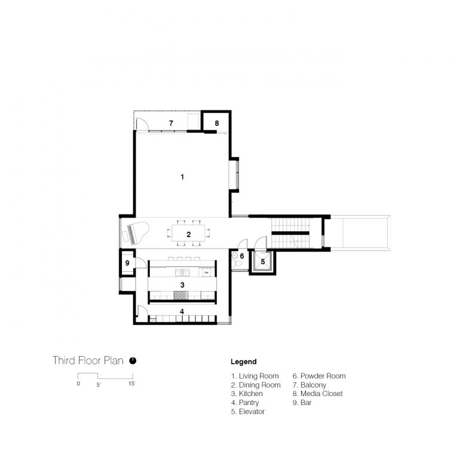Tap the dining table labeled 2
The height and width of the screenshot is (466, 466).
click(x=188, y=233)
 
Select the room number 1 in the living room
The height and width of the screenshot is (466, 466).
click(x=182, y=177)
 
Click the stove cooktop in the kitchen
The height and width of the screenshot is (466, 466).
click(x=181, y=295)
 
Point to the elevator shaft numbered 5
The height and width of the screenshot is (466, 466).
click(x=262, y=262)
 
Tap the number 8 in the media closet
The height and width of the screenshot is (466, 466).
click(x=217, y=123)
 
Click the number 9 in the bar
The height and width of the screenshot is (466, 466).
click(x=127, y=263)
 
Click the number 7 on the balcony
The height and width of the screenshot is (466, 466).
click(x=171, y=123)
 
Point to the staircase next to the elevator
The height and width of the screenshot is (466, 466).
click(x=290, y=233)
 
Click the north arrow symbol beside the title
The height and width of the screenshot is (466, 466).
click(x=133, y=360)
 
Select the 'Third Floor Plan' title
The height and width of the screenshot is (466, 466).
click(x=88, y=360)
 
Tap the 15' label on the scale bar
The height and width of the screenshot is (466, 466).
click(x=132, y=384)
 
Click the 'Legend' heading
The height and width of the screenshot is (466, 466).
click(x=244, y=361)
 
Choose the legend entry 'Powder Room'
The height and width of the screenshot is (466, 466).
click(x=319, y=376)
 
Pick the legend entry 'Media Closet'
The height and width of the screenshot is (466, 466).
click(x=318, y=394)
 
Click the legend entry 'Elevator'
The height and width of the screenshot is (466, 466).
click(x=248, y=412)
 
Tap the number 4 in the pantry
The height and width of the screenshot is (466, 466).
click(x=182, y=311)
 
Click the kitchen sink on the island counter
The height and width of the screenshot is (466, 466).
click(x=182, y=272)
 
